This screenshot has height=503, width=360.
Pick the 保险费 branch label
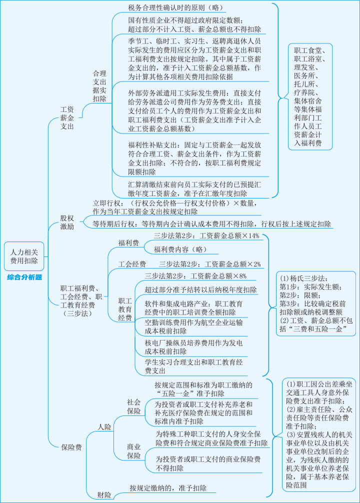pos(71,447)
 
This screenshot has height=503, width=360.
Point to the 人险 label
pos(104,427)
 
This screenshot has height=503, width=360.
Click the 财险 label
pos(104,495)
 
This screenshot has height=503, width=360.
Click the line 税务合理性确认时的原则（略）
pos(177,7)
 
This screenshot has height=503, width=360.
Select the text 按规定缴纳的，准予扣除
pos(168,487)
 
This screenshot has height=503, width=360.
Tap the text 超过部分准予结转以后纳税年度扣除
pos(201,289)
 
